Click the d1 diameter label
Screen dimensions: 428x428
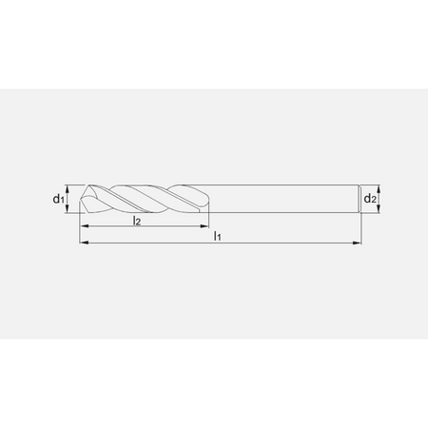pos(58,199)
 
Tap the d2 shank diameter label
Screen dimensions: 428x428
pos(370,199)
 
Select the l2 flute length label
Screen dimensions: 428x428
pos(137,221)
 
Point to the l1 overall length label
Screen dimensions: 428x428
pos(217,236)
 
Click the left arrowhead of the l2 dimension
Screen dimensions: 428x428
pos(84,226)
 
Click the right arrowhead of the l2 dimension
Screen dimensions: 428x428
pos(204,226)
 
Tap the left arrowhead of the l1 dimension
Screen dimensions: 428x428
pos(84,243)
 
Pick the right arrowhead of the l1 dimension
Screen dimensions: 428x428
pos(357,243)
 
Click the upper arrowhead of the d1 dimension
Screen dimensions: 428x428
pos(67,189)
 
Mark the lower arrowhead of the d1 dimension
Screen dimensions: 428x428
pos(67,209)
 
